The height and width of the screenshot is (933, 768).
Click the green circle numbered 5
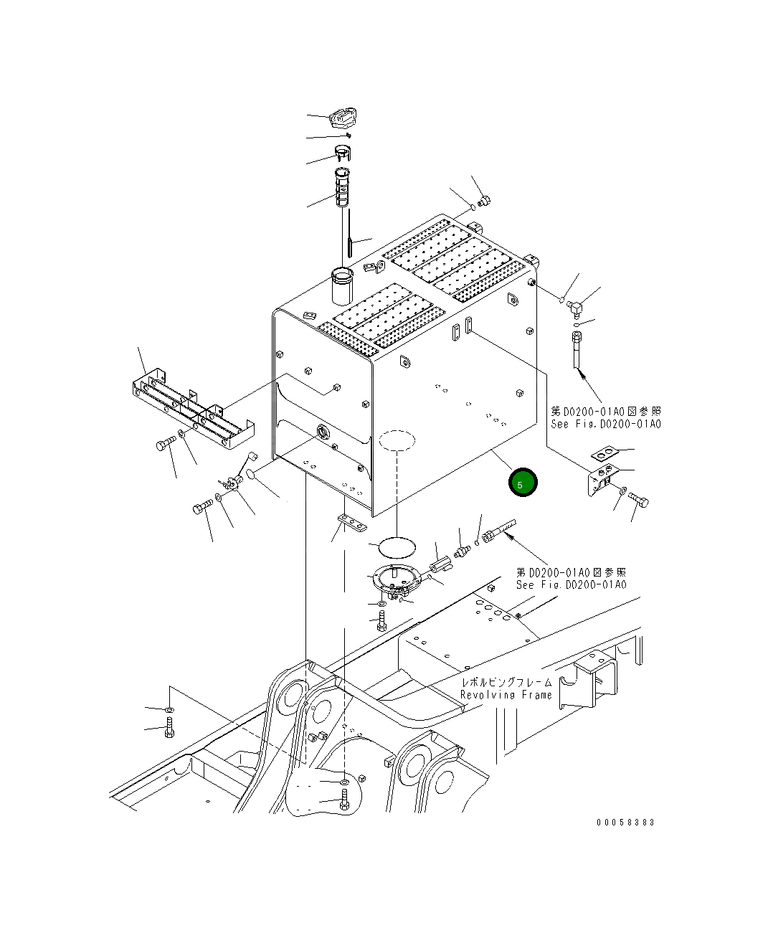click(x=523, y=483)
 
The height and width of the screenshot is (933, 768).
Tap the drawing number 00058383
click(x=625, y=823)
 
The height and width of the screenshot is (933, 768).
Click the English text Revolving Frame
click(x=506, y=695)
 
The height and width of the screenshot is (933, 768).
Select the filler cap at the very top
click(x=346, y=118)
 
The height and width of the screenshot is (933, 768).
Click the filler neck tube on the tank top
click(x=341, y=285)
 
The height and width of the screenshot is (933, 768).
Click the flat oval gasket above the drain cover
click(x=397, y=546)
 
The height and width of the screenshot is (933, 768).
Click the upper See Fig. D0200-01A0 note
click(x=606, y=424)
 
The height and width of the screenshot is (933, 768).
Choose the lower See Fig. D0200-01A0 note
click(x=572, y=584)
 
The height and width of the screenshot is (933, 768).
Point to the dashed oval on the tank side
click(x=397, y=439)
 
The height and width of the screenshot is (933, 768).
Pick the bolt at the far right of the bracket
click(x=640, y=502)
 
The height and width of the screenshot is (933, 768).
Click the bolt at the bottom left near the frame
click(x=169, y=732)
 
